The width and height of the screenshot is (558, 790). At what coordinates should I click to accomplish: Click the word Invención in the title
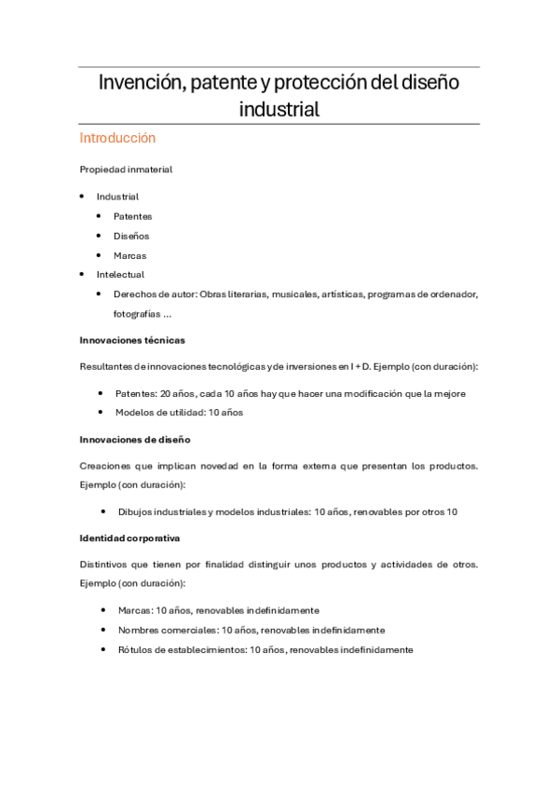pyautogui.click(x=139, y=83)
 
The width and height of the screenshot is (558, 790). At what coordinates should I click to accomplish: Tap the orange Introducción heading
pyautogui.click(x=117, y=138)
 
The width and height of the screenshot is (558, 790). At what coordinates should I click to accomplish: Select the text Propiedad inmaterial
pyautogui.click(x=126, y=170)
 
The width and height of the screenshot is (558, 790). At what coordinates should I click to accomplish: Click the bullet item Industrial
pyautogui.click(x=117, y=197)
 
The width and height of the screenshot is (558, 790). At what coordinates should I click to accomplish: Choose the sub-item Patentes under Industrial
pyautogui.click(x=133, y=216)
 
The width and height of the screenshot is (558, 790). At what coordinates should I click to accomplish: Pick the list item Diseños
pyautogui.click(x=131, y=236)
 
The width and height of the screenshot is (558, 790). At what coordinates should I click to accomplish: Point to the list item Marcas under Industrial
pyautogui.click(x=130, y=255)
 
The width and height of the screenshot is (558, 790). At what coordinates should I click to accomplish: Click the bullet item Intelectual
pyautogui.click(x=120, y=275)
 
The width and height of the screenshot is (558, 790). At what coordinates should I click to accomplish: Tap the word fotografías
pyautogui.click(x=137, y=314)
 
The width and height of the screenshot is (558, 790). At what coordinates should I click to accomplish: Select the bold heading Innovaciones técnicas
pyautogui.click(x=132, y=340)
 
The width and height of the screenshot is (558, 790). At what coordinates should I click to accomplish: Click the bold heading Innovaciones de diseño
pyautogui.click(x=135, y=439)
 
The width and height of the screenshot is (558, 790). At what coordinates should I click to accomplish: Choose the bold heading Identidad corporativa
pyautogui.click(x=129, y=538)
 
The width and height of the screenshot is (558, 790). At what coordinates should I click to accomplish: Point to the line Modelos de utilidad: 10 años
pyautogui.click(x=179, y=413)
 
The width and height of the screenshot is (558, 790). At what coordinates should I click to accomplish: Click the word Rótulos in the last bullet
pyautogui.click(x=133, y=649)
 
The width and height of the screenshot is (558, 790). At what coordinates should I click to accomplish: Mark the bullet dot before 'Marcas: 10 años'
pyautogui.click(x=102, y=610)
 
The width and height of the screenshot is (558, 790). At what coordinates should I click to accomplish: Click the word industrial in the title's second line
pyautogui.click(x=279, y=109)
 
